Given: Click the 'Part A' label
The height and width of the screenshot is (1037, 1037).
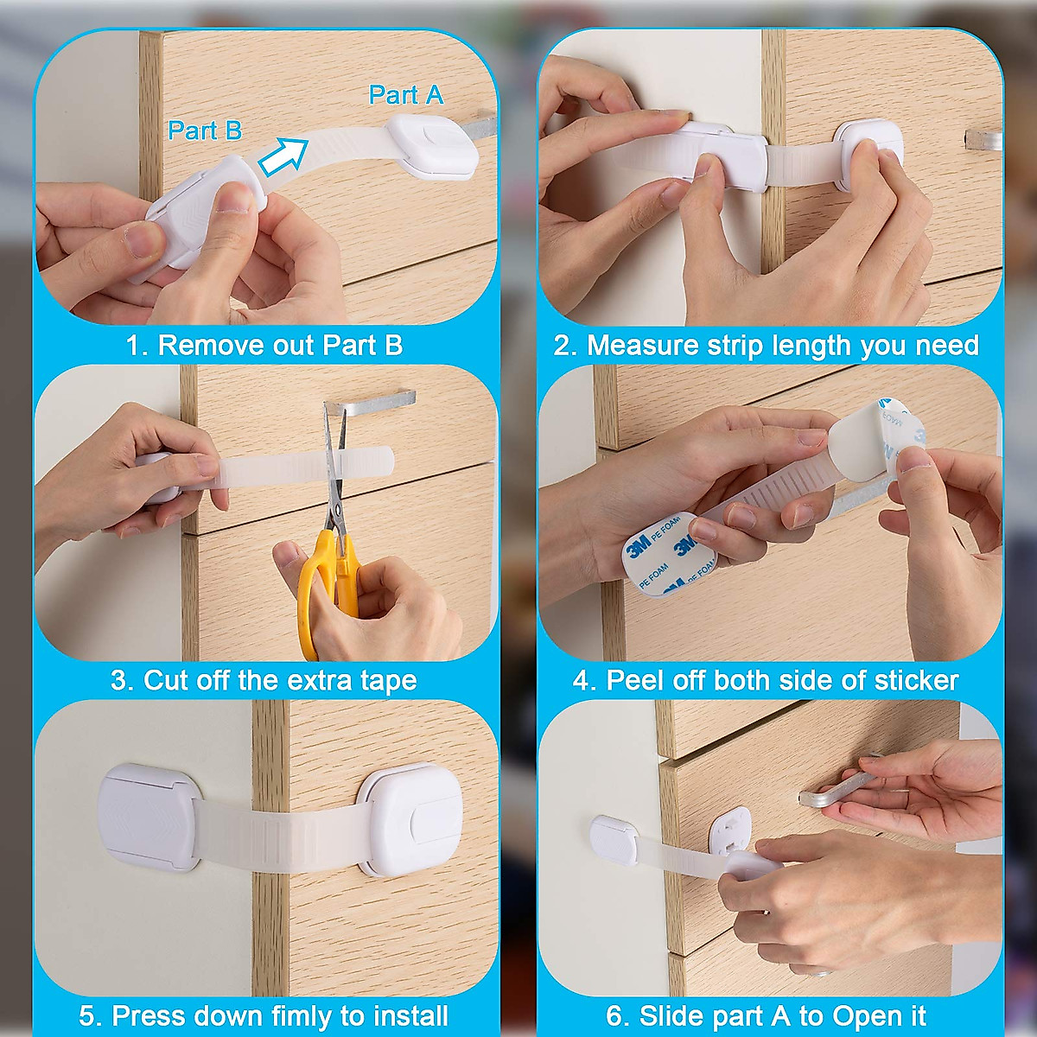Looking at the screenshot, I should click(405, 95).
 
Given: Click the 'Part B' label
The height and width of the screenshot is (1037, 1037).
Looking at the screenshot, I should click(205, 130).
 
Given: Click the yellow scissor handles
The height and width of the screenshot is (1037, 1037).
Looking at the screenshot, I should click(324, 579).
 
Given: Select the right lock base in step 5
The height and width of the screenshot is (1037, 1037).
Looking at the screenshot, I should click(410, 817).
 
